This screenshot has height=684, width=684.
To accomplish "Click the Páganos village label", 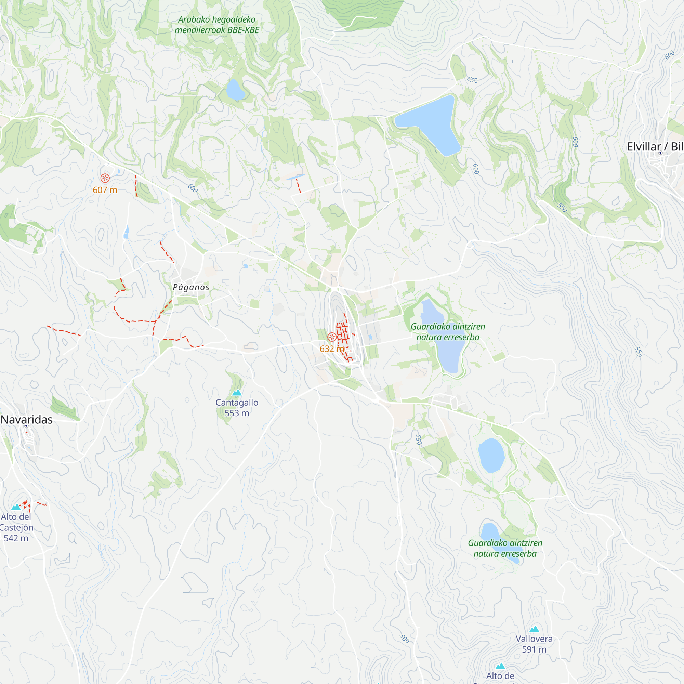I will (x=191, y=287).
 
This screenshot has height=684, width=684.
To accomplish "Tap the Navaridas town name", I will (x=27, y=420).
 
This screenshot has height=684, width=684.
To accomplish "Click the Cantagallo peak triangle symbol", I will (x=237, y=392).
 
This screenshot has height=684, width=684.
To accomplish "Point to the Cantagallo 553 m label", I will (x=237, y=408).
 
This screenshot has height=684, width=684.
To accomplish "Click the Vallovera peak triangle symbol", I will (x=534, y=629).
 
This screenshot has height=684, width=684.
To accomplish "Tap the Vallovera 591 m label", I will (x=534, y=644).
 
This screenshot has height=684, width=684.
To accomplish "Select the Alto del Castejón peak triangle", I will (x=16, y=507).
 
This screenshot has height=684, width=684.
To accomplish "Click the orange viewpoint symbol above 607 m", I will (x=105, y=178).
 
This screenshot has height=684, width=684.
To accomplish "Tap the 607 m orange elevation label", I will (x=105, y=190).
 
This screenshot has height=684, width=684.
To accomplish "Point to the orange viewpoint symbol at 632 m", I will (x=332, y=337).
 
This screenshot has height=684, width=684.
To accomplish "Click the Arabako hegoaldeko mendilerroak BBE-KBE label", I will (x=217, y=25).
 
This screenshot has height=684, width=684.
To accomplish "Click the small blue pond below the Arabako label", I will (x=235, y=90).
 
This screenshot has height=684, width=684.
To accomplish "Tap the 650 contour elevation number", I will (x=472, y=80).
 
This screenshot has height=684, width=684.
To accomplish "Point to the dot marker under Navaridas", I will (x=27, y=426).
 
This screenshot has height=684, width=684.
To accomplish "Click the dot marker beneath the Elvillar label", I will (x=660, y=153).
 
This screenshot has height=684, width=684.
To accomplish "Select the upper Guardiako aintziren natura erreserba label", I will (x=448, y=332).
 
